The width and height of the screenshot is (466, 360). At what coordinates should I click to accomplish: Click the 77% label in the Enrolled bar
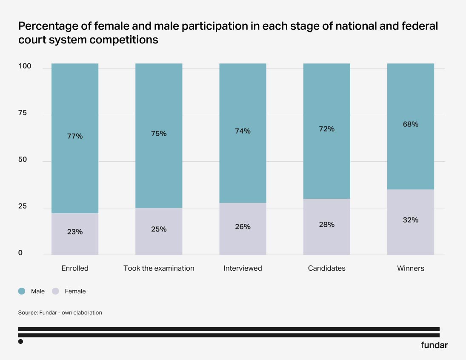[x=75, y=136]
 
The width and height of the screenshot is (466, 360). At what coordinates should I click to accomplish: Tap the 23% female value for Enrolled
[x=75, y=231]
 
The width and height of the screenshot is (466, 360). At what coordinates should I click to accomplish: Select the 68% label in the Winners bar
[x=411, y=124]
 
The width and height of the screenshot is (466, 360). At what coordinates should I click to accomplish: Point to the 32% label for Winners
[x=411, y=220]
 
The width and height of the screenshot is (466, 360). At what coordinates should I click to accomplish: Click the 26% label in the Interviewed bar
[x=243, y=227]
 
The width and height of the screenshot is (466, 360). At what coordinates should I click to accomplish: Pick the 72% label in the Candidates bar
[x=326, y=129]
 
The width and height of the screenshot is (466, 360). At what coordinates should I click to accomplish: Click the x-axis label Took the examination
[x=159, y=268]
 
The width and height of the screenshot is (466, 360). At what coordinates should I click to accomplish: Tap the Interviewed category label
[x=243, y=268]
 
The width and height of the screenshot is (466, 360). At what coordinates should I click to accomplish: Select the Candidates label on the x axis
[x=326, y=268]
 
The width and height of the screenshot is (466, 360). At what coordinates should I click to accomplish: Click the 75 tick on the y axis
[x=22, y=113]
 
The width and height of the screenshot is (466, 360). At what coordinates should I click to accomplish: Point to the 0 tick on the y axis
[x=20, y=253]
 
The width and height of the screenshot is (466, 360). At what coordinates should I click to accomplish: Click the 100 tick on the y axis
[x=25, y=66]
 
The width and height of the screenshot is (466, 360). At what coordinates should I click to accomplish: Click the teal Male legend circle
[x=22, y=291]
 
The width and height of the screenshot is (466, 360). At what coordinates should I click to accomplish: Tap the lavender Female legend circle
[x=56, y=291]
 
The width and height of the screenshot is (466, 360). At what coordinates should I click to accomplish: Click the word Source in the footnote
[x=28, y=313]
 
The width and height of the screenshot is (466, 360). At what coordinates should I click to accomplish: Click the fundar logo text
[x=434, y=345]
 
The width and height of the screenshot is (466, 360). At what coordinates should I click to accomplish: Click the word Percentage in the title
[x=48, y=26]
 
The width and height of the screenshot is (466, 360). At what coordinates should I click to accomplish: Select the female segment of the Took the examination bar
[x=159, y=231]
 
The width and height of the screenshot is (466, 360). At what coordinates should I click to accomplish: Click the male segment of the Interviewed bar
[x=243, y=133]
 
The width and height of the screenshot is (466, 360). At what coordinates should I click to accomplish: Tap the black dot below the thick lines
[x=20, y=342]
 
